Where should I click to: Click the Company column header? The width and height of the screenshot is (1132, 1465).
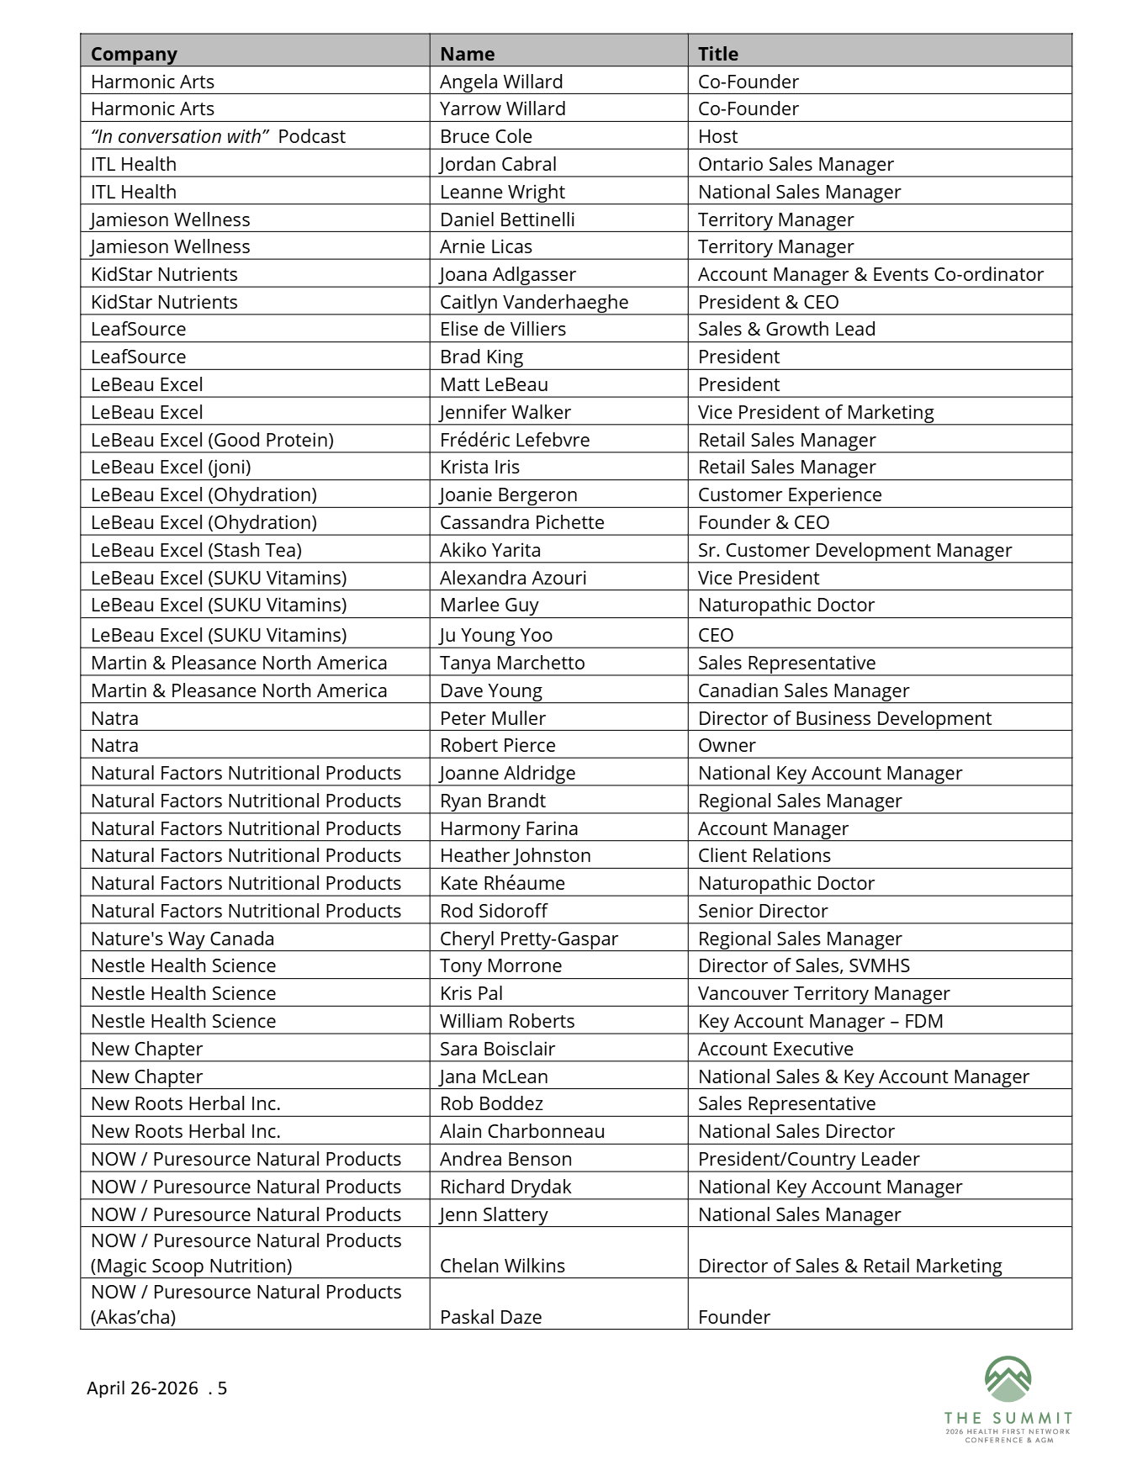[x=134, y=54]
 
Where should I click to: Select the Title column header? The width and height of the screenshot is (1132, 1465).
[x=717, y=54]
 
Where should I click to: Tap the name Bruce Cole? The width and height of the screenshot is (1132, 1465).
[x=485, y=136]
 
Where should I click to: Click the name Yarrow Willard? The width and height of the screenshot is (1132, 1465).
[x=502, y=108]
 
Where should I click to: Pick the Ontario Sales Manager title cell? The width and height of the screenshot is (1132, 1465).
[x=795, y=164]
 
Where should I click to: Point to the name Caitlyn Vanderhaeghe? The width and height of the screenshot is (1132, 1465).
[x=533, y=302]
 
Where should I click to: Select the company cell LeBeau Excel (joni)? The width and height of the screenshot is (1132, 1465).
[x=171, y=467]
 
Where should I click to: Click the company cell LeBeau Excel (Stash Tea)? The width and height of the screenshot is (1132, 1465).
[x=196, y=550]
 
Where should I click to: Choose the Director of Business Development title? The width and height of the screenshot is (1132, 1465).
[x=844, y=718]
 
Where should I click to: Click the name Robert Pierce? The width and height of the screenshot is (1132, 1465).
[x=497, y=745]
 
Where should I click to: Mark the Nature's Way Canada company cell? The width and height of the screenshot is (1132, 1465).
[x=182, y=939]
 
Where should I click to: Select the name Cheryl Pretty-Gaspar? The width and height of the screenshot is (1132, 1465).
[x=528, y=939]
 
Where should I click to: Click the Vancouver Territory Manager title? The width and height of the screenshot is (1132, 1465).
[x=823, y=993]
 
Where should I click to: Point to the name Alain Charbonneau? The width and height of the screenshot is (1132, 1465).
[x=521, y=1131]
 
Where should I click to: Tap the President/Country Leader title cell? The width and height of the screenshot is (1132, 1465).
[x=808, y=1159]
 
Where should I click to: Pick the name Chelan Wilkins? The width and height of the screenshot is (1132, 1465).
[x=502, y=1266]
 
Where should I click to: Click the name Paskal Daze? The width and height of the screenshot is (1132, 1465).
[x=490, y=1317]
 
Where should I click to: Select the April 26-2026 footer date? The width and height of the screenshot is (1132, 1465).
[x=142, y=1388]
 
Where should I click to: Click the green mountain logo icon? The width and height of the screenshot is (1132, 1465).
[x=1008, y=1379]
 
